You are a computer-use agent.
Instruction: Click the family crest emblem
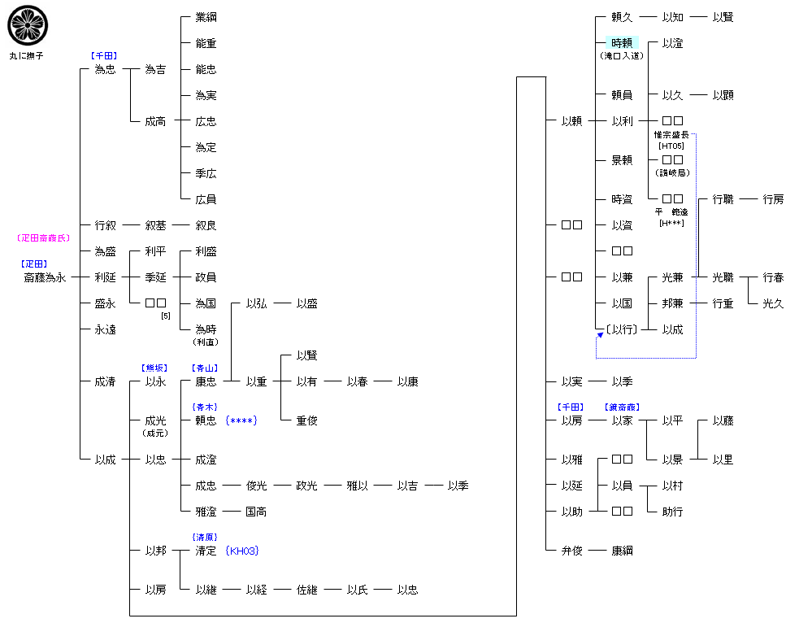[x=24, y=24]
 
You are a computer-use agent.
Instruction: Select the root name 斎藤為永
[x=45, y=277]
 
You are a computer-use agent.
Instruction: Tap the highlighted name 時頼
[x=622, y=43]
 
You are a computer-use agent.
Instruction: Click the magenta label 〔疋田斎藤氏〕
[x=44, y=238]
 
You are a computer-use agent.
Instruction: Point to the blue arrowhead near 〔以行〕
[x=600, y=335]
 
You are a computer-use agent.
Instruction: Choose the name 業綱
[x=206, y=17]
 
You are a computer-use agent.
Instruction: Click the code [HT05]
[x=672, y=146]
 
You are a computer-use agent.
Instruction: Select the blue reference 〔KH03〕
[x=242, y=551]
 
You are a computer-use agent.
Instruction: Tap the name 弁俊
[x=571, y=551]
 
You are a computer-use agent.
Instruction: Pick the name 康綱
[x=622, y=551]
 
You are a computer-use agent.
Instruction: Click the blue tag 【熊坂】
[x=154, y=368]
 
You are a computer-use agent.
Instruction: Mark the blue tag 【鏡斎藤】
[x=622, y=407]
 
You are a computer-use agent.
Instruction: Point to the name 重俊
[x=306, y=420]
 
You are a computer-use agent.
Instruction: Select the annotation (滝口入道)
[x=622, y=56]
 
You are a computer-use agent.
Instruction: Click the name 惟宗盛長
[x=672, y=135]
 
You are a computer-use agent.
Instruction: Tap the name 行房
[x=773, y=199]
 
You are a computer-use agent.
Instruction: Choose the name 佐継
[x=306, y=590]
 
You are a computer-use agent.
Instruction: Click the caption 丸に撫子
[x=27, y=55]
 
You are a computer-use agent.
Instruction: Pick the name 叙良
[x=206, y=225]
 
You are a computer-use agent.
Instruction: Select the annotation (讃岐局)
[x=672, y=172]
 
